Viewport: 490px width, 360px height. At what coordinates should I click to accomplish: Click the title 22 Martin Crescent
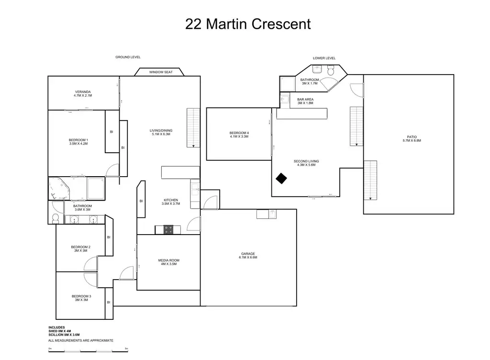248,24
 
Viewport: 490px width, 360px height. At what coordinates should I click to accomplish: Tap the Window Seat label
161,72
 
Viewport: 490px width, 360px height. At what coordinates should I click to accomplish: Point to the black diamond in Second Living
281,179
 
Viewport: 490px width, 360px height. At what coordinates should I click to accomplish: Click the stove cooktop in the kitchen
168,230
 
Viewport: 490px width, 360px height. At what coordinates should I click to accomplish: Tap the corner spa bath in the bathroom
59,189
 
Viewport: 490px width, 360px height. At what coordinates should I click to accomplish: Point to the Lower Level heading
324,58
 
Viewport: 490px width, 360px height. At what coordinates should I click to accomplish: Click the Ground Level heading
128,57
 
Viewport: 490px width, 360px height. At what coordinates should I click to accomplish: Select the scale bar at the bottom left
88,351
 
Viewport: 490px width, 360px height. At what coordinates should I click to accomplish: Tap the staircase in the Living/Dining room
193,128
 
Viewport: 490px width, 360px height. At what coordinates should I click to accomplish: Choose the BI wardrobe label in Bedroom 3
109,303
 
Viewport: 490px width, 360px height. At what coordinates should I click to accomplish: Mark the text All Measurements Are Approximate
80,341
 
